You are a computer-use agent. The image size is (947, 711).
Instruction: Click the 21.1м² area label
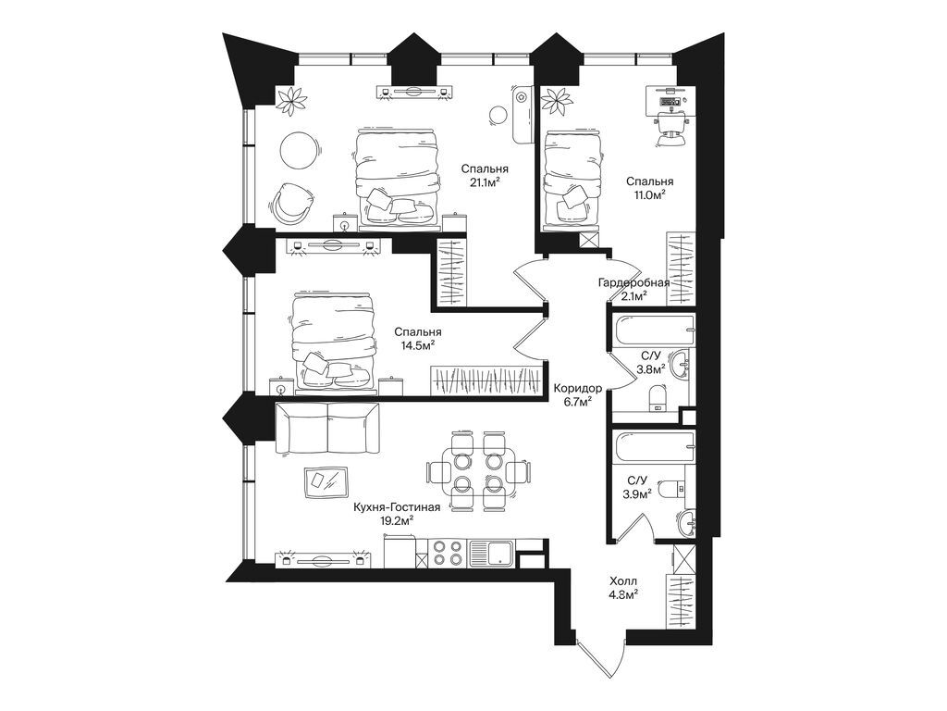point(481,183)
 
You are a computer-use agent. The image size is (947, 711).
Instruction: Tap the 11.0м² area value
point(647,195)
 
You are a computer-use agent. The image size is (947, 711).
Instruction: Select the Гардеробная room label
point(626,282)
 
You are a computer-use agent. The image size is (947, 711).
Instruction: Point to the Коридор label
point(578,389)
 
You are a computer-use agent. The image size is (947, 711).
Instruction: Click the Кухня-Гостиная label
point(396,506)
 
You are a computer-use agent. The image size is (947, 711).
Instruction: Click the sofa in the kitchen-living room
point(327,429)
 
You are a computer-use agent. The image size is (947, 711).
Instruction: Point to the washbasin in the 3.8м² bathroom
point(682,364)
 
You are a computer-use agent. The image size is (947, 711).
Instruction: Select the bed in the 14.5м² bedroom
point(334,341)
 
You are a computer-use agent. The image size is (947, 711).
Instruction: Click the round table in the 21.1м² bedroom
point(299,149)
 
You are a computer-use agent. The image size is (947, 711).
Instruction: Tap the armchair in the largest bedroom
point(291,200)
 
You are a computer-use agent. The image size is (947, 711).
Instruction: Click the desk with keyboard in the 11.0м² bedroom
point(669,100)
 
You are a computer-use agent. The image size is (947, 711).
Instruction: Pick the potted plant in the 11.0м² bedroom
point(559,100)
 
